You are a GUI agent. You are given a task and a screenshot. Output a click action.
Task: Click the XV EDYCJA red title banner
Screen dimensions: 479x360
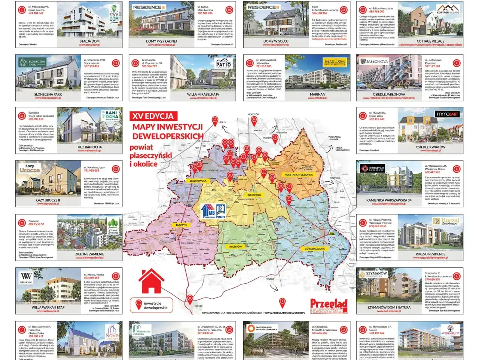click(x=153, y=116)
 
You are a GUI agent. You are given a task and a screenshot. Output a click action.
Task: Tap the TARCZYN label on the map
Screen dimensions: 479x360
click(x=181, y=225)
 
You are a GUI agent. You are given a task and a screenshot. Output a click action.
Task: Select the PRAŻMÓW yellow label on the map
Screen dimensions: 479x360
click(x=235, y=247)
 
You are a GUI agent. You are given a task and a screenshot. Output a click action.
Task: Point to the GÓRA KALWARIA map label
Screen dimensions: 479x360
click(x=314, y=249)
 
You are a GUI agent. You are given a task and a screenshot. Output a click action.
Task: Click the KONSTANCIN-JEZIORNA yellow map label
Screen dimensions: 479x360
click(x=298, y=175)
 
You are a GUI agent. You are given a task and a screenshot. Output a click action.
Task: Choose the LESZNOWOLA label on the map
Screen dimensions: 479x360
click(x=198, y=181)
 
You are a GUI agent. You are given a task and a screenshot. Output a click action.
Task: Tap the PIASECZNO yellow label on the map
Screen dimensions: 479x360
click(x=254, y=195)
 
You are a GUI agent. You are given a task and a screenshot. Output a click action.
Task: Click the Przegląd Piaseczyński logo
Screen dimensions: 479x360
click(x=329, y=306)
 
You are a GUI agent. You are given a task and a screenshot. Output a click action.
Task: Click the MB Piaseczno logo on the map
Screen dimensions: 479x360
click(x=208, y=212)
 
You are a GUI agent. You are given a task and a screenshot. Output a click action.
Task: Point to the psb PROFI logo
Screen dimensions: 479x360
click(x=221, y=211)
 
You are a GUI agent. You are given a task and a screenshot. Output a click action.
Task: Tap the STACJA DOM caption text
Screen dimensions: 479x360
click(x=89, y=41)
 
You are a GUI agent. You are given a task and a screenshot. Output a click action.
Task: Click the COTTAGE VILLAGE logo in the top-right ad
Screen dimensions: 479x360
click(x=448, y=9)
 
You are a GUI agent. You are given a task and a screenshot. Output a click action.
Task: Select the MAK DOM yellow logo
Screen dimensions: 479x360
click(x=335, y=62)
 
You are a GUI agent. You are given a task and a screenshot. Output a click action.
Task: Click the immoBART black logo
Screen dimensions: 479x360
click(x=447, y=114)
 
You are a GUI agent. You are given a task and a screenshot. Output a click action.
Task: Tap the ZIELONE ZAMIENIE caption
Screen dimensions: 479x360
click(x=89, y=254)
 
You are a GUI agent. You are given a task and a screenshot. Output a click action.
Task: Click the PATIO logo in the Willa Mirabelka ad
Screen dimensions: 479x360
click(x=223, y=63)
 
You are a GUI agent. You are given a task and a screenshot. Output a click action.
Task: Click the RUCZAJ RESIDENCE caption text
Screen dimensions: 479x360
click(x=430, y=254)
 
